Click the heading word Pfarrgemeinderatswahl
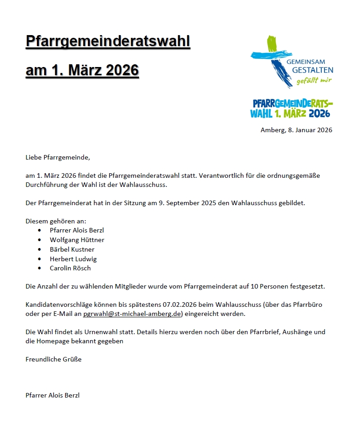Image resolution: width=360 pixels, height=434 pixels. tap(108, 41)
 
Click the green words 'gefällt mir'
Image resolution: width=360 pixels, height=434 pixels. tap(314, 81)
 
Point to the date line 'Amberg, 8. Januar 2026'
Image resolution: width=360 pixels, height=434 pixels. tap(296, 130)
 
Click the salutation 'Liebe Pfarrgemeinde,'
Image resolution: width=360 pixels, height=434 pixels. tap(58, 158)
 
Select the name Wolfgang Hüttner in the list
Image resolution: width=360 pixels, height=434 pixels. tap(77, 240)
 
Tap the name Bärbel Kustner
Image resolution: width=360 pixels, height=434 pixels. tap(72, 249)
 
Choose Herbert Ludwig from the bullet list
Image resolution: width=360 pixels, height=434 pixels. tap(73, 259)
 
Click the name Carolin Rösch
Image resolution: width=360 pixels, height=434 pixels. tap(70, 268)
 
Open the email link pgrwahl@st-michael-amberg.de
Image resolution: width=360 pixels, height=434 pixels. tap(133, 314)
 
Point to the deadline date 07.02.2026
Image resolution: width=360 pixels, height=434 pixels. tap(179, 305)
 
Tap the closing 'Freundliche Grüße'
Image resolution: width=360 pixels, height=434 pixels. tap(53, 359)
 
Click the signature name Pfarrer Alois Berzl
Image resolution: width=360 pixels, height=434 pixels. tap(52, 395)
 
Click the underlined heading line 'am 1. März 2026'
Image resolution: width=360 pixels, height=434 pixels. tap(82, 71)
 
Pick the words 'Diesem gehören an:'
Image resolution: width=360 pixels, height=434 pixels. tap(52, 221)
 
